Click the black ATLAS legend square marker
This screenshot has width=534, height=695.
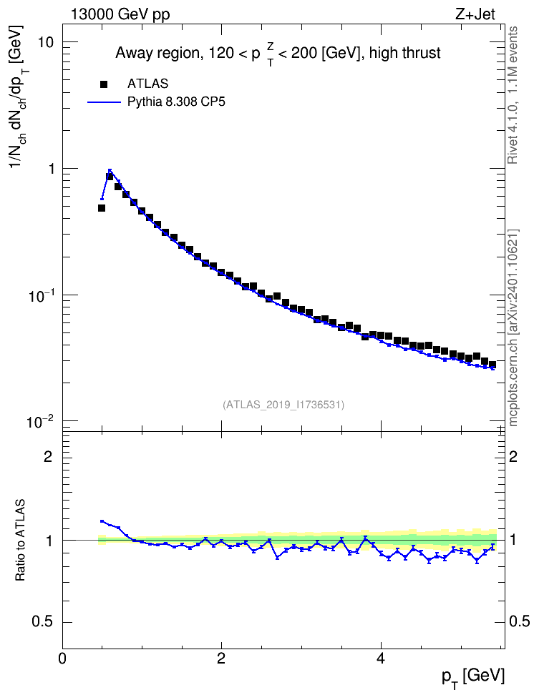tap(104, 84)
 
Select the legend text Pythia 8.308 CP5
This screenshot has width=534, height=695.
tap(176, 102)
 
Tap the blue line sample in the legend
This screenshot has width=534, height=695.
tap(104, 102)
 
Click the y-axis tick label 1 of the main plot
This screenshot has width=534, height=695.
tap(49, 169)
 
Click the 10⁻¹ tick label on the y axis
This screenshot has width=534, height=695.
tap(39, 295)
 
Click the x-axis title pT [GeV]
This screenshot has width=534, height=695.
tap(473, 678)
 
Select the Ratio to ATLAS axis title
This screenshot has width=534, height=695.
tap(20, 541)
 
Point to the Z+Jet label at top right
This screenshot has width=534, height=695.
tap(475, 14)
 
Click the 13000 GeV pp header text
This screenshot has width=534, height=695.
tap(120, 14)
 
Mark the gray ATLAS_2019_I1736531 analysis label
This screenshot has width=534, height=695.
tap(283, 404)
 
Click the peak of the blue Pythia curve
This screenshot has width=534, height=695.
tap(110, 169)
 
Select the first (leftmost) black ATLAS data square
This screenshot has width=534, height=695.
tap(102, 208)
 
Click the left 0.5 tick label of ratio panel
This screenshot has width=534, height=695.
tap(43, 622)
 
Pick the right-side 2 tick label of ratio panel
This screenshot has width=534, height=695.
tap(513, 456)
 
